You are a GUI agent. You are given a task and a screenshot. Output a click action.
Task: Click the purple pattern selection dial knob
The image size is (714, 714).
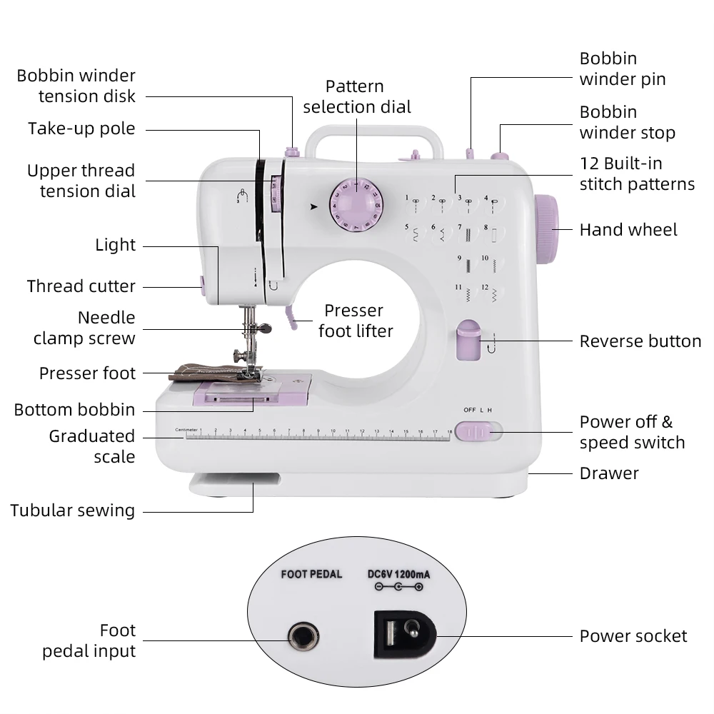click(356, 203)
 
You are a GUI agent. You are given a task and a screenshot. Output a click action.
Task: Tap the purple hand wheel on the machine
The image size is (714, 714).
click(546, 228)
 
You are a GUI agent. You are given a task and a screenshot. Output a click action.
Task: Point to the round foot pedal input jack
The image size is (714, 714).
click(303, 635)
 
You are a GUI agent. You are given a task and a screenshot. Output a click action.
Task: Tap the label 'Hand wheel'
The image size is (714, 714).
click(628, 230)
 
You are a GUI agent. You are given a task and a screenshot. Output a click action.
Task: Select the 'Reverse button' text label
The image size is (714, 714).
click(640, 341)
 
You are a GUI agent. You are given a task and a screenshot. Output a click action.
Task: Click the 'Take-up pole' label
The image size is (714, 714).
click(81, 129)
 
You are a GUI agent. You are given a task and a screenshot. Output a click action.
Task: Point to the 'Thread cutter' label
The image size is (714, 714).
click(81, 286)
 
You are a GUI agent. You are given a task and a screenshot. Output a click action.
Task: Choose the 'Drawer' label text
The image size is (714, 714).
click(609, 473)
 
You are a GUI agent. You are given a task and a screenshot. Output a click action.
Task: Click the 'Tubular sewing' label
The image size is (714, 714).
click(73, 511)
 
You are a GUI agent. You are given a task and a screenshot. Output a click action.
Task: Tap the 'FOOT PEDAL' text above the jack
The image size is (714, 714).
click(311, 574)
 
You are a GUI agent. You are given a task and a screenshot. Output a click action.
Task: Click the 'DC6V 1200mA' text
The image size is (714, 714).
click(398, 573)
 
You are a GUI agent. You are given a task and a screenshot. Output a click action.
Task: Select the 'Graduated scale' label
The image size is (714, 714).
click(92, 446)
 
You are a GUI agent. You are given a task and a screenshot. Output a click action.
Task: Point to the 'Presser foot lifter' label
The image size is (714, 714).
click(355, 321)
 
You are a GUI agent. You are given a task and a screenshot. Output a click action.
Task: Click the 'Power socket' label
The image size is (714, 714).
click(633, 636)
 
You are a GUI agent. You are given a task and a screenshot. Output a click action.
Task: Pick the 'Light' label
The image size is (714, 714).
click(115, 245)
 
